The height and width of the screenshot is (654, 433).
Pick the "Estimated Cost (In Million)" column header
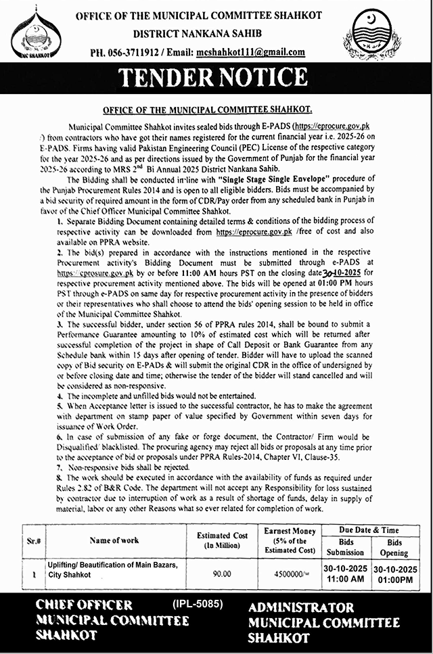pyautogui.click(x=223, y=541)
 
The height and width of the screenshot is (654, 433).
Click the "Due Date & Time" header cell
pyautogui.click(x=369, y=531)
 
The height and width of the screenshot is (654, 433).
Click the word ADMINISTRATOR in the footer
pyautogui.click(x=300, y=608)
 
